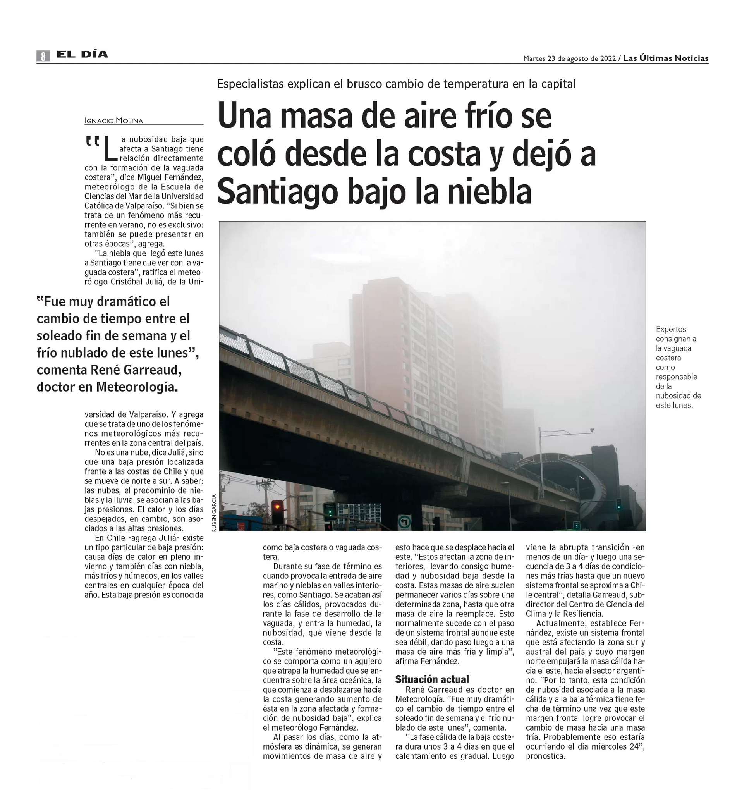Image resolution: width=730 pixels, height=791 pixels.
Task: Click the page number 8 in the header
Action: [x=43, y=56]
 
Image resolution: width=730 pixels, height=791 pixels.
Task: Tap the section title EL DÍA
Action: [x=82, y=54]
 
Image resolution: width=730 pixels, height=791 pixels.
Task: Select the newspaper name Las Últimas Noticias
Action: [x=666, y=58]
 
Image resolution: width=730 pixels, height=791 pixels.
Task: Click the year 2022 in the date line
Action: [x=608, y=59]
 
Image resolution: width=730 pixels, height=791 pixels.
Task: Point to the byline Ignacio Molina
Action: [x=114, y=120]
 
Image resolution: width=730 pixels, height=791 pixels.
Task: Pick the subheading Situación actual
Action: [x=432, y=679]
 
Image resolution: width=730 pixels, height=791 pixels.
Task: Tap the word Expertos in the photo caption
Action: [x=671, y=329]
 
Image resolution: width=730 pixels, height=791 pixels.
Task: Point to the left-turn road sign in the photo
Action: [x=404, y=521]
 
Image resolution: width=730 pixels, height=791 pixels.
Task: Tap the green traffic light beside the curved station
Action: [x=618, y=504]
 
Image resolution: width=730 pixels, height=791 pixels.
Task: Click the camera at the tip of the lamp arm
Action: [x=592, y=430]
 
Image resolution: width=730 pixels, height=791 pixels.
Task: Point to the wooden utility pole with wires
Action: [x=264, y=502]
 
